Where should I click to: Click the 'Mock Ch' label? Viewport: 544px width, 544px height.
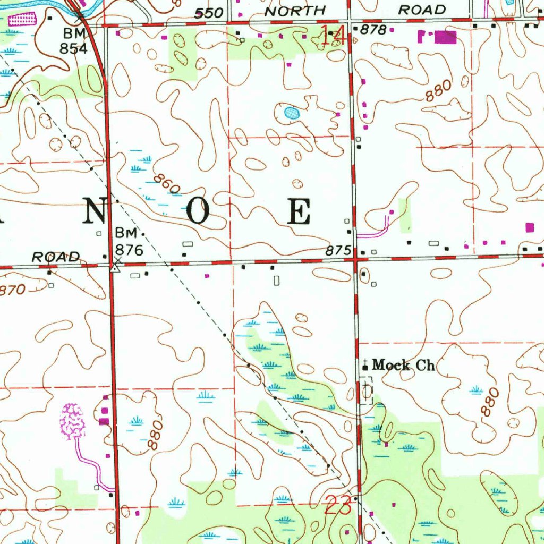(x=403, y=365)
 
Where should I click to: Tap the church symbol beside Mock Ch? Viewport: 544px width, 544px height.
(x=365, y=364)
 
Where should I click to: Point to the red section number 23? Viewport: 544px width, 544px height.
(x=338, y=505)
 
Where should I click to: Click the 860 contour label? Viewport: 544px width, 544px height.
(x=167, y=184)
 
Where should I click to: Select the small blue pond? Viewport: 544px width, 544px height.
(x=291, y=113)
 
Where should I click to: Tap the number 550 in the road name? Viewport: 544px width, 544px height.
(x=208, y=13)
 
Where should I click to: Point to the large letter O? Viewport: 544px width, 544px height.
(x=200, y=212)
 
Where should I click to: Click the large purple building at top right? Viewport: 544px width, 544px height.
(x=445, y=37)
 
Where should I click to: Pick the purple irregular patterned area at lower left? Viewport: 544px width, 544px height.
(x=72, y=421)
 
